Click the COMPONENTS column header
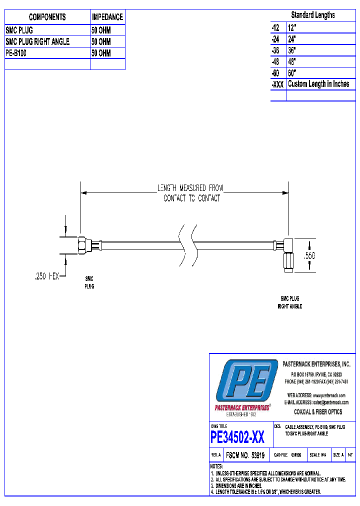click(x=47, y=17)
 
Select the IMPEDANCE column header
click(x=107, y=17)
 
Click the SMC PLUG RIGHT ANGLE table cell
click(x=37, y=41)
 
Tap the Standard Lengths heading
click(x=313, y=15)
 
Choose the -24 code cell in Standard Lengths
click(x=275, y=39)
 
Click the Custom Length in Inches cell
click(x=318, y=84)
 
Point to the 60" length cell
click(x=292, y=73)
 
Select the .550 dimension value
click(x=310, y=255)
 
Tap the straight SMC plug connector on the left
click(x=83, y=245)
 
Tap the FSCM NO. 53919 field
click(x=245, y=455)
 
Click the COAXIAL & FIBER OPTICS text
click(x=317, y=411)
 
